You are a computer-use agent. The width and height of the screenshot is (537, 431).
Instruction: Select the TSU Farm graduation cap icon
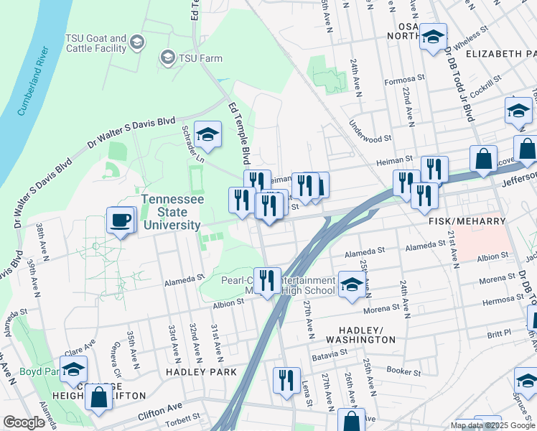[168, 57]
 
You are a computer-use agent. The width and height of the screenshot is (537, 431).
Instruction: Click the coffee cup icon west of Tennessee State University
[121, 220]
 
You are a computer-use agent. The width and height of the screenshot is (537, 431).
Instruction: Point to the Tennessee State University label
[171, 212]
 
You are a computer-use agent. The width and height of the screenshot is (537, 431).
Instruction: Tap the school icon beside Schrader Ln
[208, 134]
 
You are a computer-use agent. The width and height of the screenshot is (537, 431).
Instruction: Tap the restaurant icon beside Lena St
[287, 381]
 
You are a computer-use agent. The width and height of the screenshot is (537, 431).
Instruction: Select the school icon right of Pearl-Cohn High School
[351, 284]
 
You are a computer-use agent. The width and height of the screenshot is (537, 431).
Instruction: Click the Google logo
[24, 422]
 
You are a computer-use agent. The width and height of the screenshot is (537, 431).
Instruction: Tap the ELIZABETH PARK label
[500, 54]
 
